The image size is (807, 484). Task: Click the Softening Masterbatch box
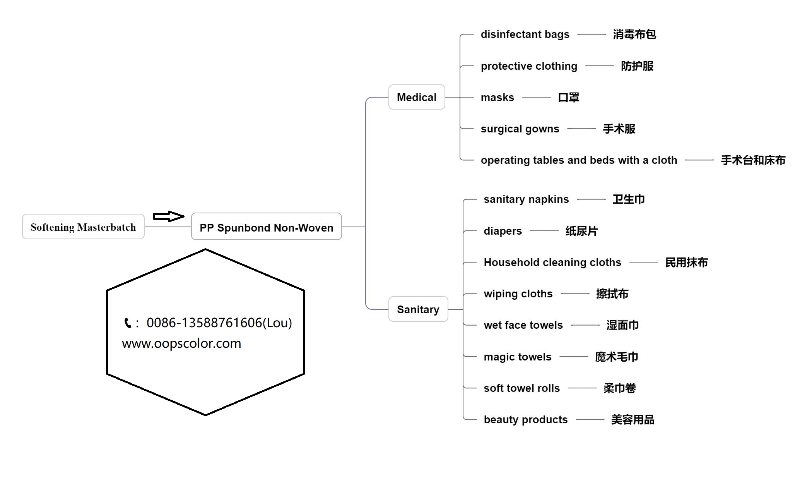click(83, 227)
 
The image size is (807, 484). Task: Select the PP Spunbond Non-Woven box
click(266, 227)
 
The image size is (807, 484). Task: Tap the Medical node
click(416, 97)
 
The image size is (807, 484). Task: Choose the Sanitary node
click(418, 309)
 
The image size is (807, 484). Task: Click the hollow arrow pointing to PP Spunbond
click(168, 216)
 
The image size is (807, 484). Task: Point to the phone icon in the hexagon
click(128, 323)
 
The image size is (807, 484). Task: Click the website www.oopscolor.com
click(181, 343)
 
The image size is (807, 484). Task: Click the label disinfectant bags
click(525, 34)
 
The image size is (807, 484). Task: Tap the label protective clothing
click(529, 66)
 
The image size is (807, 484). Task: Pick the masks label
click(497, 98)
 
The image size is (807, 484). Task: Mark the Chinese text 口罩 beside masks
click(568, 98)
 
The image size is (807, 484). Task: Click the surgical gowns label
click(520, 129)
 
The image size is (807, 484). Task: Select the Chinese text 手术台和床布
click(753, 160)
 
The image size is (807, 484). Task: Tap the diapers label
click(503, 231)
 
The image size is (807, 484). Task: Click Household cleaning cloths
click(552, 263)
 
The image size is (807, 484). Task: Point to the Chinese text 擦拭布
click(612, 294)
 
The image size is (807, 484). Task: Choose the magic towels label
click(517, 357)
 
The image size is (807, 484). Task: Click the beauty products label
click(525, 420)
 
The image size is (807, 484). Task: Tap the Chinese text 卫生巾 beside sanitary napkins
click(628, 199)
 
